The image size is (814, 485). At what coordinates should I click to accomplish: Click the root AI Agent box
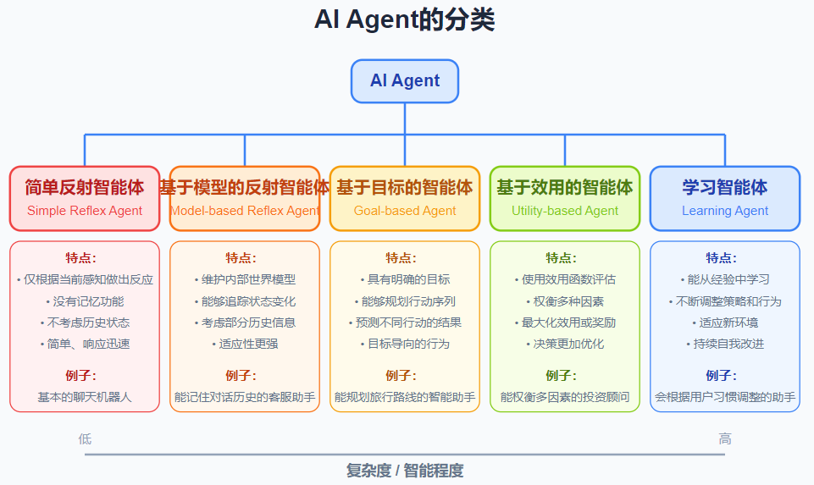coord(405,81)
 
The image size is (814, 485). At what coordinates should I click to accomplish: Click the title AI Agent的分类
coord(405,20)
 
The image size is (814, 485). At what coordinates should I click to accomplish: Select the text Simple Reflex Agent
coord(85,211)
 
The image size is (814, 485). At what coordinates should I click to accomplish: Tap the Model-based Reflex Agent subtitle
coord(245,211)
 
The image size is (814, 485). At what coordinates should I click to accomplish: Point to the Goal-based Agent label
coord(405,211)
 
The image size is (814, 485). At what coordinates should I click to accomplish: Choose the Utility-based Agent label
coord(565,211)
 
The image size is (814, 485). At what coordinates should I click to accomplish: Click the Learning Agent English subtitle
coord(725,211)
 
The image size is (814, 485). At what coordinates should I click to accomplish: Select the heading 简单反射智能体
coord(85,187)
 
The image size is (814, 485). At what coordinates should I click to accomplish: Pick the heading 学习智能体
coord(725,187)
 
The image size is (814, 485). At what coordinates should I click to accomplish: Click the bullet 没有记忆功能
coord(85,301)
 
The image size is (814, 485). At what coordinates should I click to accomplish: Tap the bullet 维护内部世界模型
coord(245,279)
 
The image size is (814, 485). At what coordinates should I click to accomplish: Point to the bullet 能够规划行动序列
coord(405,301)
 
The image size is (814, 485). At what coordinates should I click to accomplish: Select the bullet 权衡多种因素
coord(565,301)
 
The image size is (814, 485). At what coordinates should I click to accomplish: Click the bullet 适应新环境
coord(725,322)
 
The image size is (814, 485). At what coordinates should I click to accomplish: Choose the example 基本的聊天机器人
coord(85,396)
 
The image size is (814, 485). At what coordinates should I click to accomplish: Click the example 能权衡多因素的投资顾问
coord(565,396)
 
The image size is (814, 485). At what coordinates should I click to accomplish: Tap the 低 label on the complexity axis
coord(85,438)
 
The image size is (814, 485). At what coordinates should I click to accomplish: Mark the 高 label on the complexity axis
coord(725,438)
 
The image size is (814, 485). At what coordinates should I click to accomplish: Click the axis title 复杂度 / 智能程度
coord(405,471)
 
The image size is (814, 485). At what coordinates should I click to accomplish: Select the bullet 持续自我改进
coord(725,344)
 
